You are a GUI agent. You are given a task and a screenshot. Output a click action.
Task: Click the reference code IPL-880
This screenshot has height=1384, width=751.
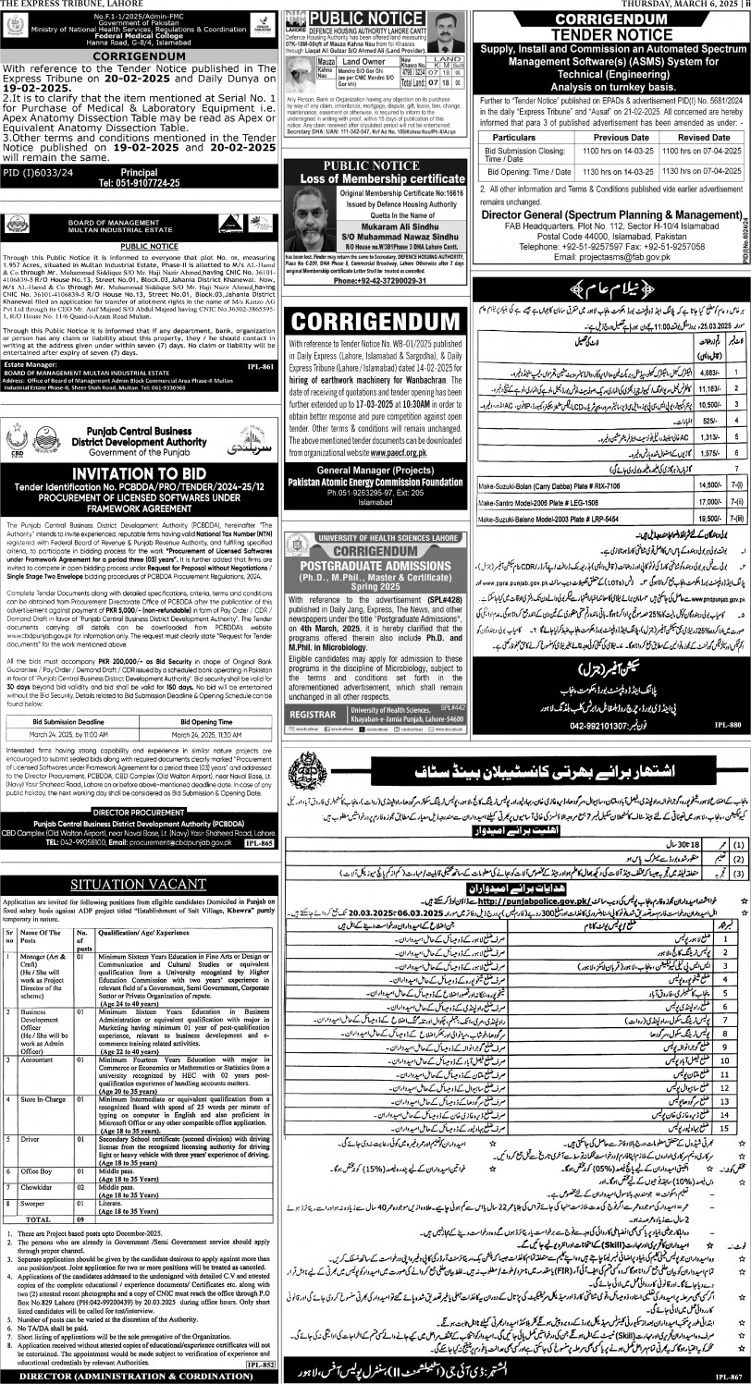[728, 729]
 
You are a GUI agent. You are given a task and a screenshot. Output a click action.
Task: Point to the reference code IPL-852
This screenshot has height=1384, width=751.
[261, 1364]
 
